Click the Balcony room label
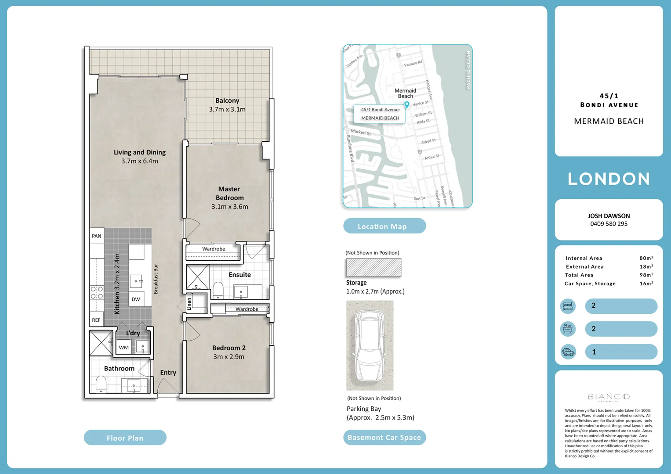(x=227, y=101)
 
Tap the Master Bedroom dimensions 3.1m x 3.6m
(x=229, y=207)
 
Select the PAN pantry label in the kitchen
(x=97, y=236)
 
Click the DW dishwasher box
(x=136, y=299)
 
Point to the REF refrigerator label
(x=96, y=320)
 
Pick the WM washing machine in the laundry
(x=124, y=348)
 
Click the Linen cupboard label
(x=190, y=303)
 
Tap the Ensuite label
(x=239, y=275)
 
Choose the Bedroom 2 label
(x=229, y=348)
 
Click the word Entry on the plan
(x=168, y=373)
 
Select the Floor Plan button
(x=125, y=438)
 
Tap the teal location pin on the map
(x=407, y=104)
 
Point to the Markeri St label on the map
(x=361, y=132)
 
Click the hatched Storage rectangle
(x=374, y=267)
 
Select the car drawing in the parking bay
(x=370, y=345)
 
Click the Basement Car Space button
(x=384, y=437)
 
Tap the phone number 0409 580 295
(x=609, y=224)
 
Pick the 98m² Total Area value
(x=646, y=275)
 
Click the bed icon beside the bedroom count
(x=568, y=306)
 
